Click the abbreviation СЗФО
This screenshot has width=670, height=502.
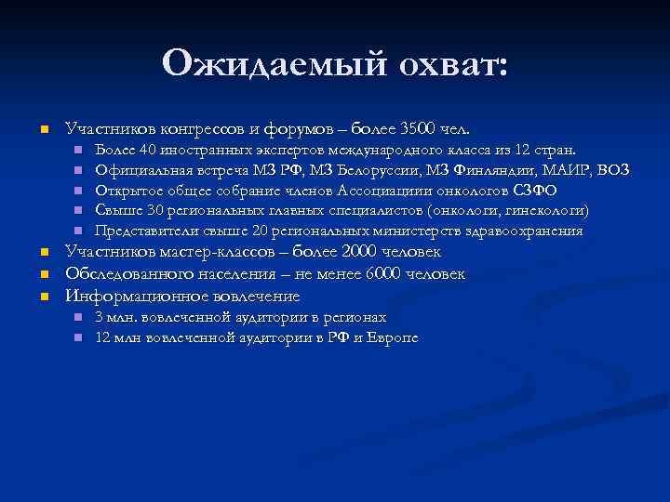click(535, 190)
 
